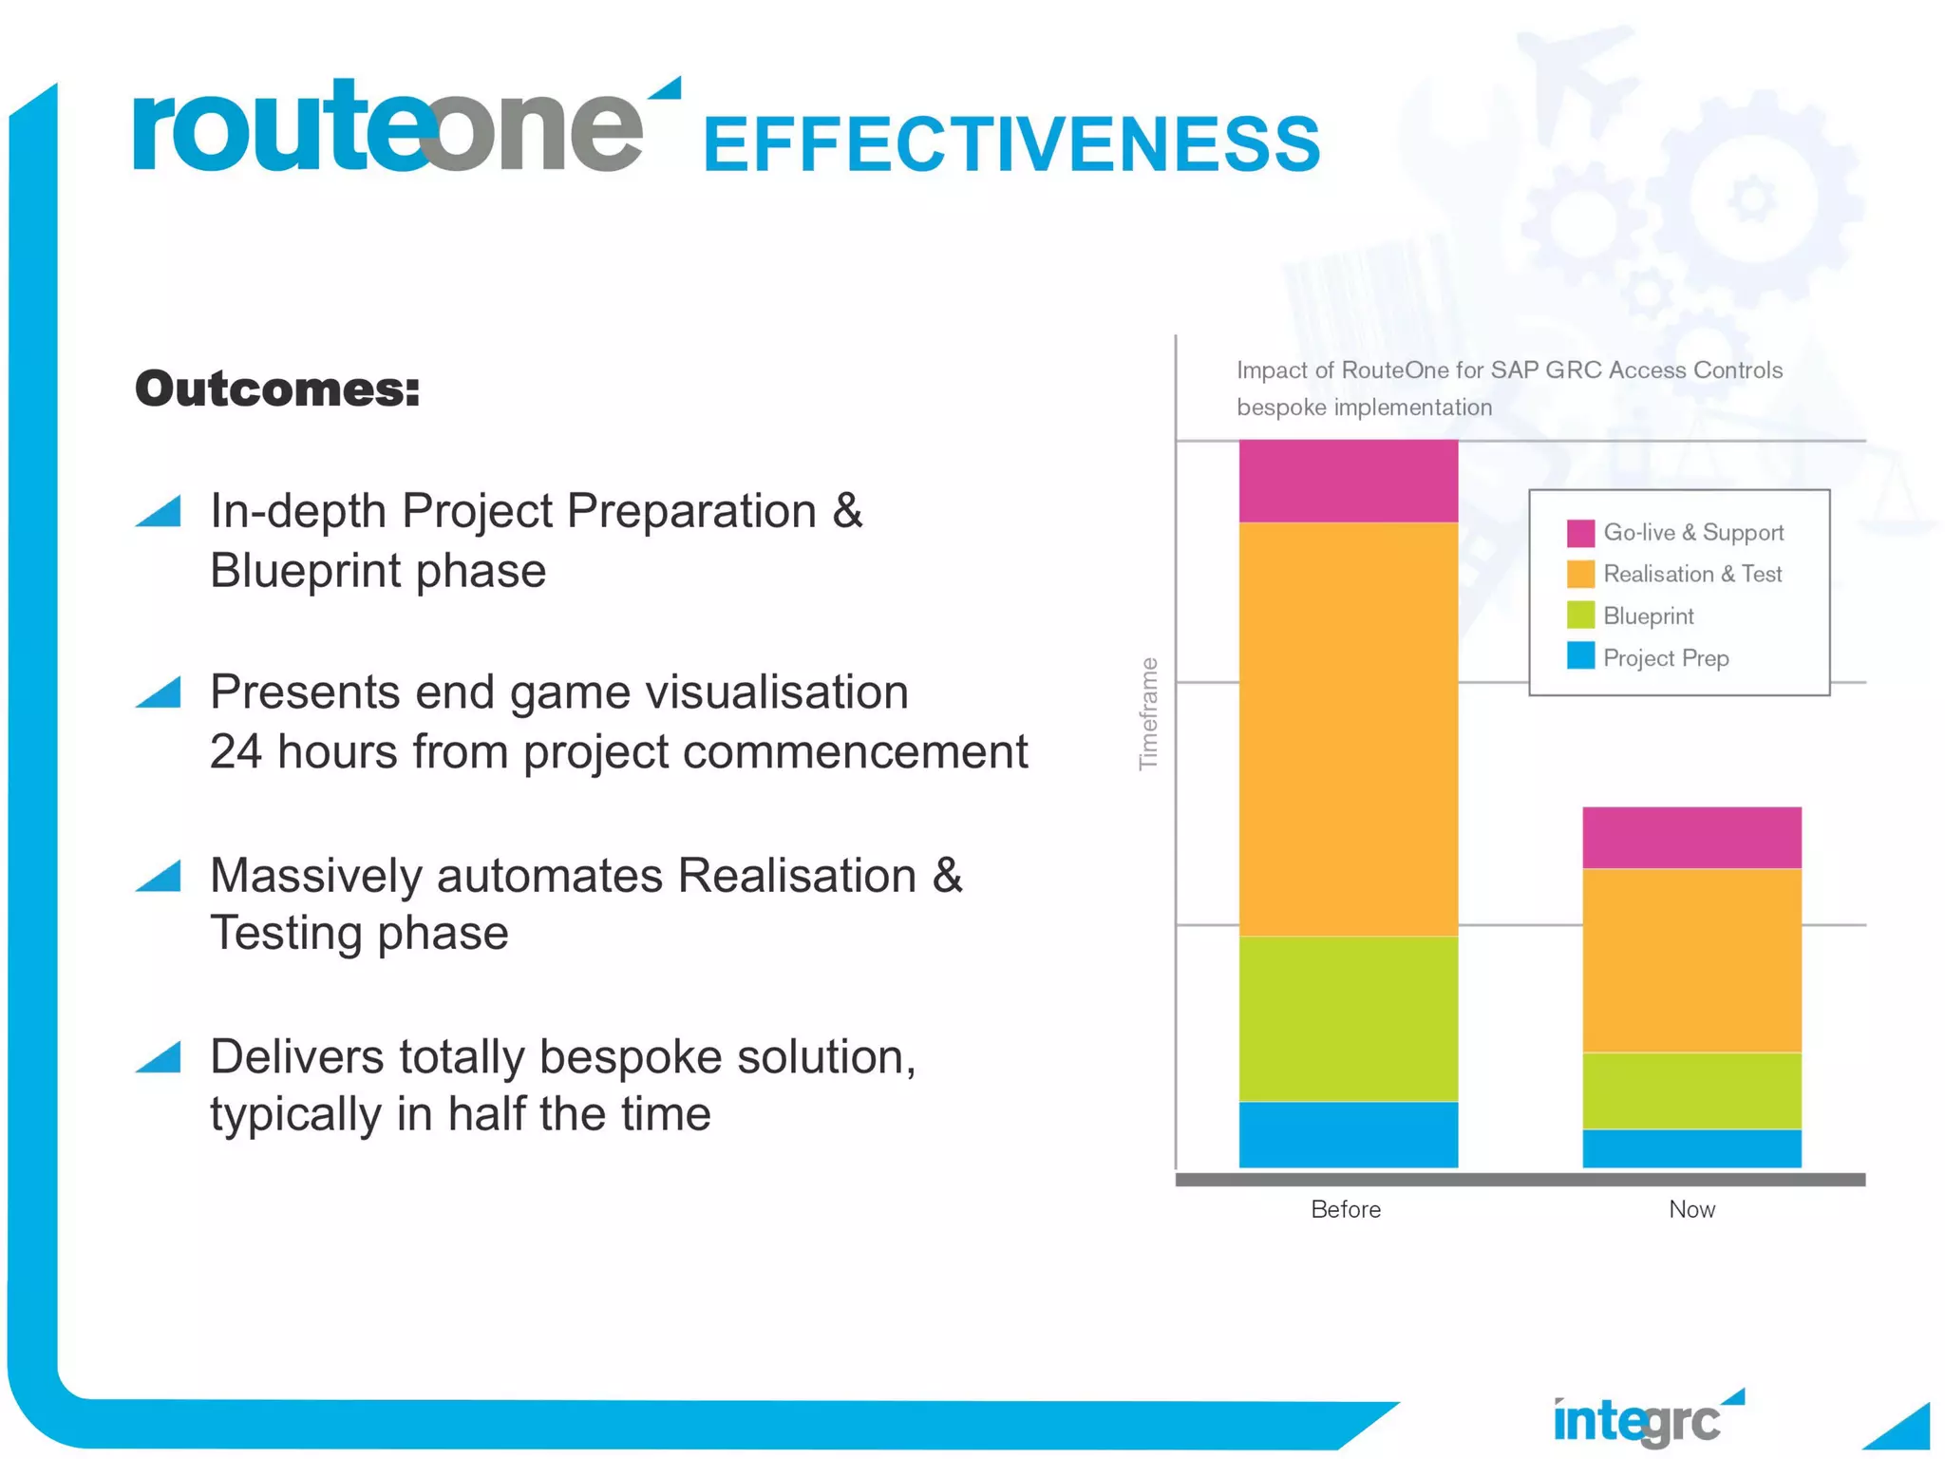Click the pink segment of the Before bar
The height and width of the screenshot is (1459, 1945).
(1348, 481)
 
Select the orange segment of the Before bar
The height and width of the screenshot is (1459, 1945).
(1348, 729)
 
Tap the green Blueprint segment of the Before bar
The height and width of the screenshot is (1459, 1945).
(1348, 1018)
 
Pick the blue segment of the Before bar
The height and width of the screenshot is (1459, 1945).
(1348, 1134)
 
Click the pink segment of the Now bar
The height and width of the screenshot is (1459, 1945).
(1691, 837)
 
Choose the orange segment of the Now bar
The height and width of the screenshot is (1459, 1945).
(1691, 959)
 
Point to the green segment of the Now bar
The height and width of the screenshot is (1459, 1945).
(1691, 1090)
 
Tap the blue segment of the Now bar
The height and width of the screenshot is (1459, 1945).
(1691, 1147)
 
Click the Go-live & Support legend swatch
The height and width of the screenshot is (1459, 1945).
(1580, 533)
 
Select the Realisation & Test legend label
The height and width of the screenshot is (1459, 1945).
(1692, 574)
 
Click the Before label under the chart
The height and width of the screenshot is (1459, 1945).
(1345, 1209)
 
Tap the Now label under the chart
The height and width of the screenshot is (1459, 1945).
(1691, 1209)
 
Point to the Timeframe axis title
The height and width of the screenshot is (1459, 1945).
(1149, 713)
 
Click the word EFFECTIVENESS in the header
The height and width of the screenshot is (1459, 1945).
(1011, 144)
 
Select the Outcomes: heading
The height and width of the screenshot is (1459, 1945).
(277, 388)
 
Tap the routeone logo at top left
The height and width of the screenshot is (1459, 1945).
(389, 128)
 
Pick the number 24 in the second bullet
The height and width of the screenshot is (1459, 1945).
(236, 751)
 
